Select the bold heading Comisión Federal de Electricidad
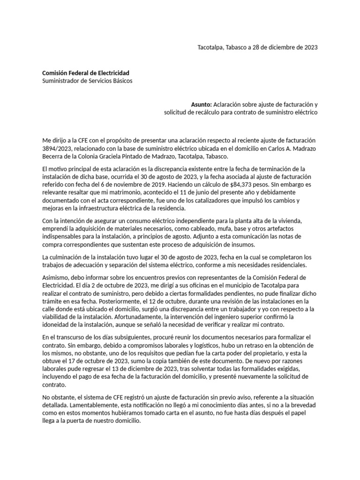[86, 73]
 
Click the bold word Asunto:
[202, 105]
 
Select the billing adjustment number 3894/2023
[56, 149]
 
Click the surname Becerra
[54, 157]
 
